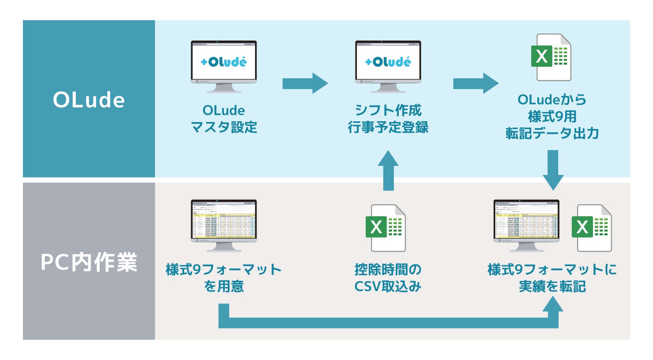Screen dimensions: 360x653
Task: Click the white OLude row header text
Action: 89,100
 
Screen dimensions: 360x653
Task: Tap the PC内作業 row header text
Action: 89,262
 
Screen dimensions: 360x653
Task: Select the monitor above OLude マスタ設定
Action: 224,66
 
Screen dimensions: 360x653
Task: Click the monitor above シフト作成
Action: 388,66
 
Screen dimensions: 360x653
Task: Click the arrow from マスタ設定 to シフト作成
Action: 305,83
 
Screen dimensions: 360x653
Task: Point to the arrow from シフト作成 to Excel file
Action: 475,83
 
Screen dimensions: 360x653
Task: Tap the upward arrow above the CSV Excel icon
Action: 388,170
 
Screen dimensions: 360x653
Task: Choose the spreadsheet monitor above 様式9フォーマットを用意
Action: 224,224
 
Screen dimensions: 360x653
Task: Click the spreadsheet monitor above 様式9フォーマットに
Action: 526,224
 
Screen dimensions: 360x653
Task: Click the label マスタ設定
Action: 224,127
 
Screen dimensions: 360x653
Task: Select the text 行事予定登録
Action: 388,127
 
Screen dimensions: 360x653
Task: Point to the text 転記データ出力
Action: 552,133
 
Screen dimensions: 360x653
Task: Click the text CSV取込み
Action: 388,287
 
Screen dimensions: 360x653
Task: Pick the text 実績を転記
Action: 552,287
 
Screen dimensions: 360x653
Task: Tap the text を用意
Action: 224,287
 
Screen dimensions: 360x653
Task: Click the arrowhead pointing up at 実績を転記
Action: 553,304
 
